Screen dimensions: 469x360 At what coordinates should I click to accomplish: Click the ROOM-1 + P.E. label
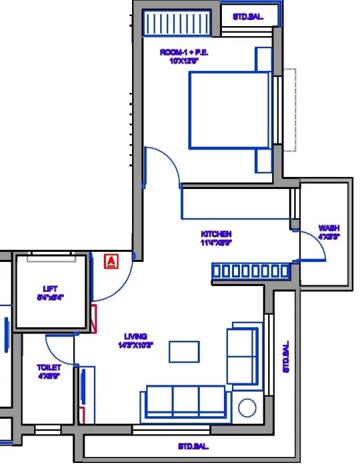tap(179, 56)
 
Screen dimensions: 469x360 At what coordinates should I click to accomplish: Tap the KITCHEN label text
tap(216, 239)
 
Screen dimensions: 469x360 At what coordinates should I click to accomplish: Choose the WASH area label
tap(328, 232)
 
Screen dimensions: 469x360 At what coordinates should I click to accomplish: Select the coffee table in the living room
tap(183, 351)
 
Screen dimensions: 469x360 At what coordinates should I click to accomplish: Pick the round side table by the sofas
tap(247, 408)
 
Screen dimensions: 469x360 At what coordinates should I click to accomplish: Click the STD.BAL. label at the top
tap(247, 17)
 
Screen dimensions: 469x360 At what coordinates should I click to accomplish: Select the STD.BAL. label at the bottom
tap(194, 446)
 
